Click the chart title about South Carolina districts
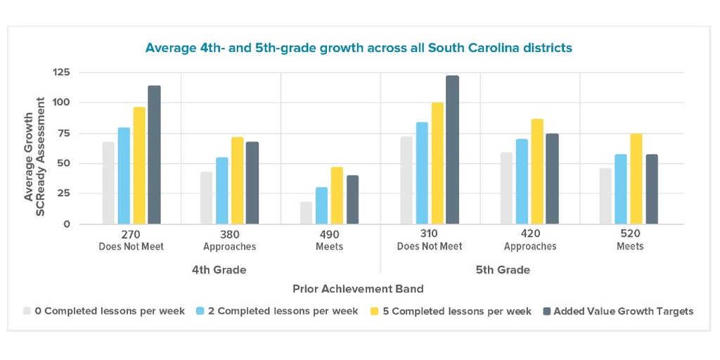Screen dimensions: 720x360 click(359, 48)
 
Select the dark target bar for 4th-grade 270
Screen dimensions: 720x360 click(154, 155)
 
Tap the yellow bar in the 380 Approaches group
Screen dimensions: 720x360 click(238, 181)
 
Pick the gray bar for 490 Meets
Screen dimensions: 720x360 click(307, 213)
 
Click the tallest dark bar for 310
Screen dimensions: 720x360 click(452, 150)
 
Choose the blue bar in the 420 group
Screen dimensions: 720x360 click(522, 181)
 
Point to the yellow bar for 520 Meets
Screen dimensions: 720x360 click(636, 179)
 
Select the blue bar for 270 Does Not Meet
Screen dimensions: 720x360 click(124, 176)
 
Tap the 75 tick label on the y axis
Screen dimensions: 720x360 click(63, 133)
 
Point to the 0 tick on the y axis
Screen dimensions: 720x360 click(67, 224)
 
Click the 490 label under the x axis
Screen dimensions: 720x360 click(329, 233)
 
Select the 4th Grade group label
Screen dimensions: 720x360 click(219, 270)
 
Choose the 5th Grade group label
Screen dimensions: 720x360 click(503, 270)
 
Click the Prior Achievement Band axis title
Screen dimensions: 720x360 click(358, 289)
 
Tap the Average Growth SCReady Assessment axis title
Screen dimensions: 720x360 click(35, 149)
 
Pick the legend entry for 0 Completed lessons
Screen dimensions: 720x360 click(104, 311)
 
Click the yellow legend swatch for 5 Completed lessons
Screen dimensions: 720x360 click(375, 311)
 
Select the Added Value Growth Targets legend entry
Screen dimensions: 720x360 click(618, 311)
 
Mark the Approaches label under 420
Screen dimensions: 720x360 click(530, 247)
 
